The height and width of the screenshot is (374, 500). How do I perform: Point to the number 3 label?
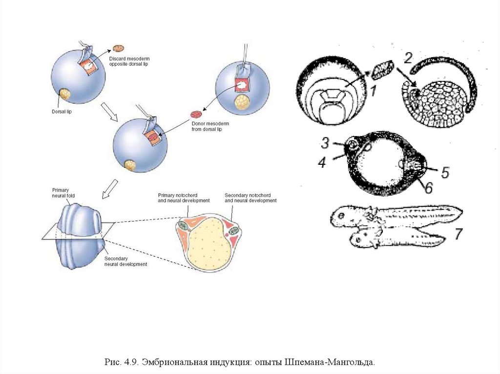tap(326, 142)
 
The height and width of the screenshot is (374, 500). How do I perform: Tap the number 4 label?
tap(321, 162)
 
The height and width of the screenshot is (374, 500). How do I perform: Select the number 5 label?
tap(445, 172)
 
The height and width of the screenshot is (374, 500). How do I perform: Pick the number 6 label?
tap(428, 187)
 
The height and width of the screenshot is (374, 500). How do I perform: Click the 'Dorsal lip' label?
tap(62, 111)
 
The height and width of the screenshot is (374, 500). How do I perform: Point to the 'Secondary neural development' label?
tap(125, 261)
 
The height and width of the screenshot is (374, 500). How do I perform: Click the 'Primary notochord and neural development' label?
tap(183, 197)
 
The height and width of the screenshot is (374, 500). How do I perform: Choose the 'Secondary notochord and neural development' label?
tap(250, 197)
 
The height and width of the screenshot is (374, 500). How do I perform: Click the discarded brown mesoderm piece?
tap(119, 48)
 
